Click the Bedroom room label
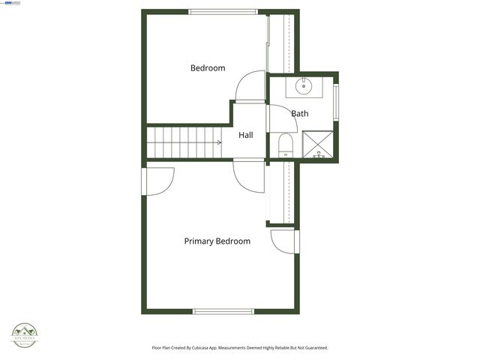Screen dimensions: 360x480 tap(208, 68)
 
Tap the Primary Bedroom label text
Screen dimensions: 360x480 tap(217, 241)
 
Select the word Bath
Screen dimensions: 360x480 tap(300, 114)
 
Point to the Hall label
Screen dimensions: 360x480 tap(246, 136)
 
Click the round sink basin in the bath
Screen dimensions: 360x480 tap(304, 86)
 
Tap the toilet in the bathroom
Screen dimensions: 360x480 tap(285, 145)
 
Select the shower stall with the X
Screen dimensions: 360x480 tap(319, 143)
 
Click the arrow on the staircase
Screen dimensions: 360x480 tap(218, 142)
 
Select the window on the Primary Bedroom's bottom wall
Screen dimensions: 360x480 tap(223, 311)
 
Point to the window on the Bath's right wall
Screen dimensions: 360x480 tap(336, 103)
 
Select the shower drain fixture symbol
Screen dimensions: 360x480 tap(319, 153)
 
